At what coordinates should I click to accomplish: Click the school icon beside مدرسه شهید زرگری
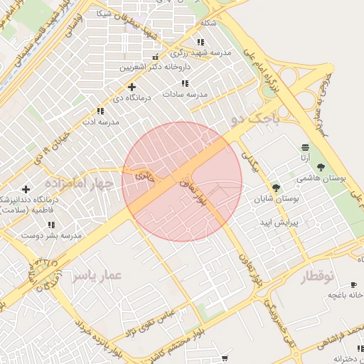coord(200,43)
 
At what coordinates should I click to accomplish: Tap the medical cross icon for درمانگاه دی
coord(132,87)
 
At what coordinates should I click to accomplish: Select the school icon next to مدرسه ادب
coord(100,111)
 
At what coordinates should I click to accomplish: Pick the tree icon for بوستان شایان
coord(276,188)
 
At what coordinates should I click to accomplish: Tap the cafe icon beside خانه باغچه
coord(354,283)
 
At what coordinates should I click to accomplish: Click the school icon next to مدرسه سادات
coord(185,83)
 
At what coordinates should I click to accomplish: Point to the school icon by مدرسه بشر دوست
coord(51,225)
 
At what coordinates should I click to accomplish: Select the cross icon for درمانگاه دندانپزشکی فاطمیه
coord(26,189)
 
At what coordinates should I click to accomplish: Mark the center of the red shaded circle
coord(182,182)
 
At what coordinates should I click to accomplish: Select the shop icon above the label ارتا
coord(304,146)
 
